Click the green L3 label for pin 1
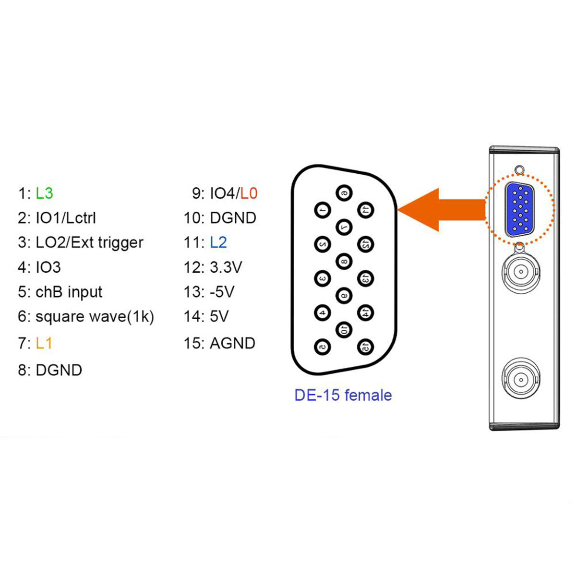click(x=44, y=193)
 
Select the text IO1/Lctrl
click(x=66, y=218)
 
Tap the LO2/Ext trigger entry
click(x=89, y=242)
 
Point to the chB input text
click(x=69, y=292)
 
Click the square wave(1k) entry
click(x=95, y=317)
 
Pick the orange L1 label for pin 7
click(x=44, y=343)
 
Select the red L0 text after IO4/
click(x=249, y=193)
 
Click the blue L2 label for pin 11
click(x=218, y=242)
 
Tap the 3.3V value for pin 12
click(x=226, y=267)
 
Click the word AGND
click(x=232, y=343)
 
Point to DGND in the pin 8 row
click(x=59, y=370)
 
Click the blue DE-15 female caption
click(x=343, y=395)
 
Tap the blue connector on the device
click(x=520, y=210)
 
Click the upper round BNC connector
click(x=520, y=272)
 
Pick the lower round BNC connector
click(x=520, y=378)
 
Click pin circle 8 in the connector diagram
click(x=344, y=261)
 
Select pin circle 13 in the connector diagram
click(x=366, y=278)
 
